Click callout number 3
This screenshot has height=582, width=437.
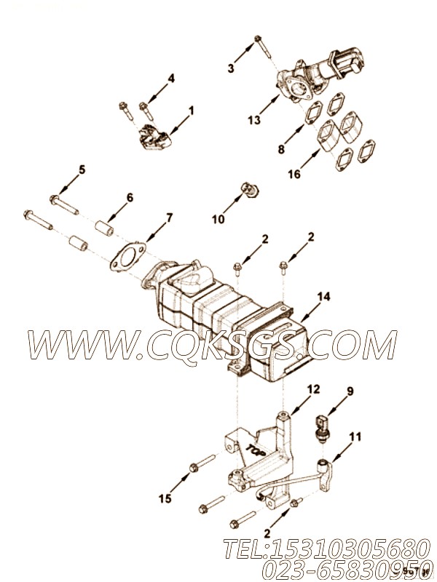point(231,68)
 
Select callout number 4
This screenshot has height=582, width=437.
point(171,79)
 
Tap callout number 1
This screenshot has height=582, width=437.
point(192,111)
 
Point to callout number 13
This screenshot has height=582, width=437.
point(253,121)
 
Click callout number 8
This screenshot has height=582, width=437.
point(281,151)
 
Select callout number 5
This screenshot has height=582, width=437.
point(82,170)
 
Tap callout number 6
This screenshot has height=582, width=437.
point(130,196)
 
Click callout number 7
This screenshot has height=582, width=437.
point(169,218)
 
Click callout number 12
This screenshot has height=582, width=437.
point(313,390)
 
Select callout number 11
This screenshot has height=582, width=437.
point(355,437)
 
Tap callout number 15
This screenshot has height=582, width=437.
point(165,498)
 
